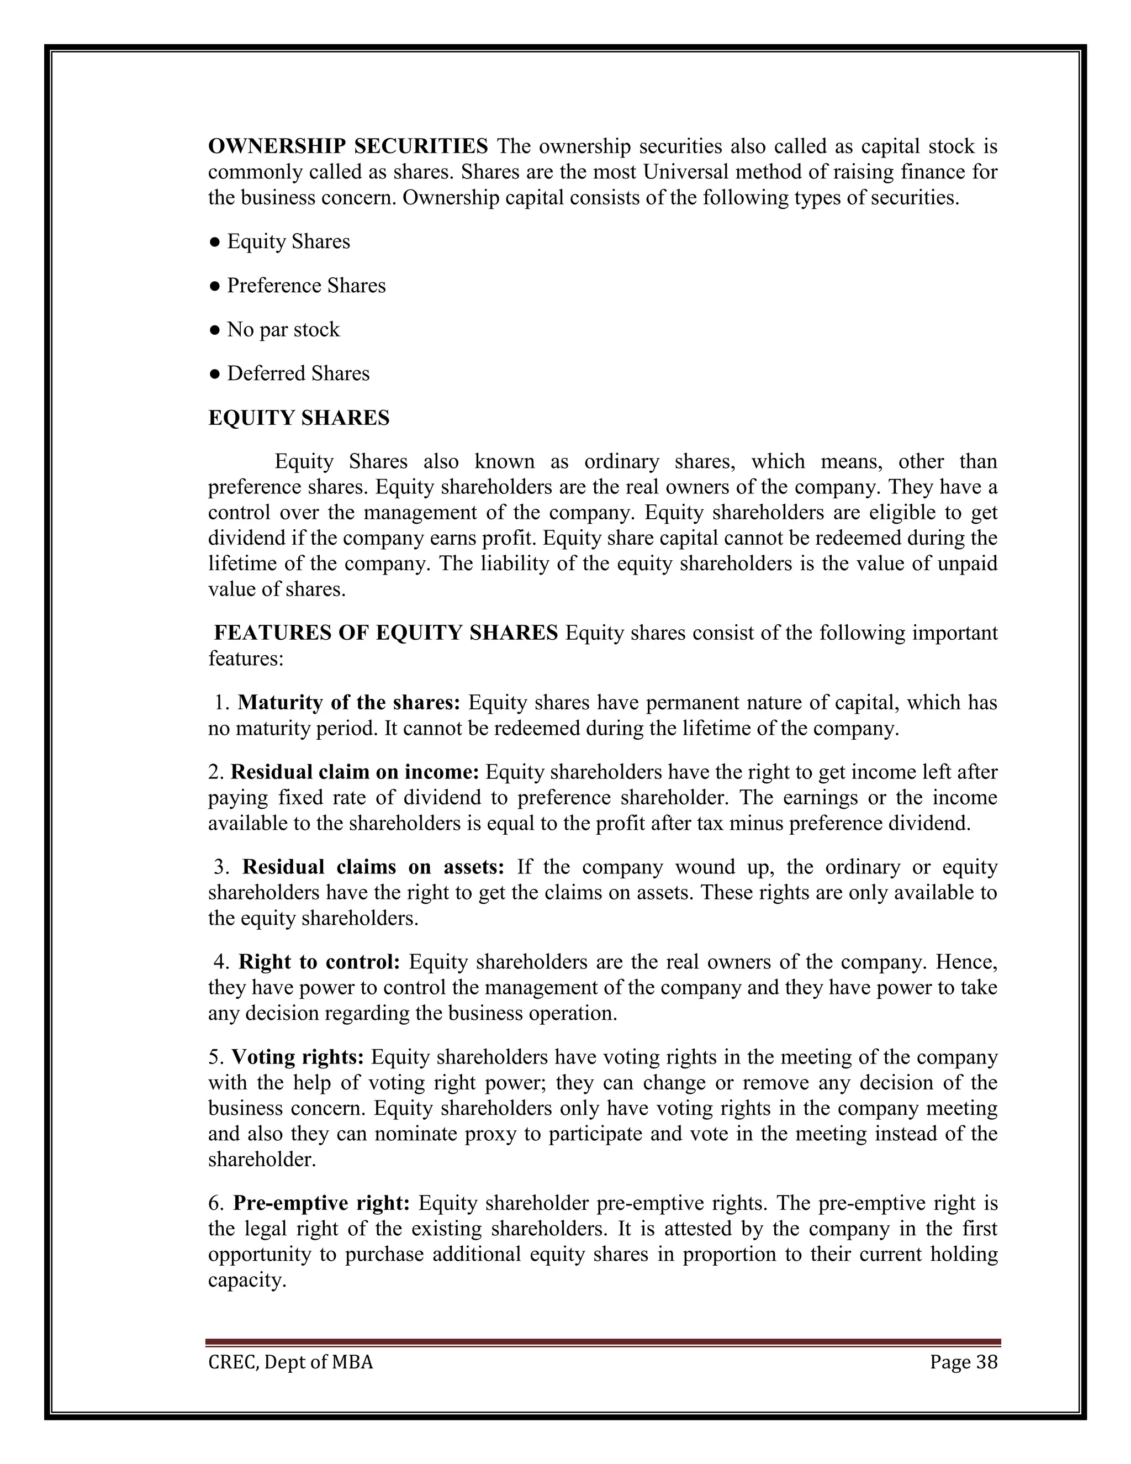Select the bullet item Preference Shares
(x=305, y=286)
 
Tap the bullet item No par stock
(x=283, y=330)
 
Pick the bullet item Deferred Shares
(x=298, y=373)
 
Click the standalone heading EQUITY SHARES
(x=299, y=418)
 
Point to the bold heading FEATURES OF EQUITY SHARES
(x=385, y=632)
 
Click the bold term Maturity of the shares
(x=349, y=703)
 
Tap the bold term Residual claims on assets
(x=373, y=867)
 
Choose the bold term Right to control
(x=319, y=962)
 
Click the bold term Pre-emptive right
(x=321, y=1203)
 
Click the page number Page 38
(x=964, y=1363)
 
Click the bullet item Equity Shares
(x=288, y=241)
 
